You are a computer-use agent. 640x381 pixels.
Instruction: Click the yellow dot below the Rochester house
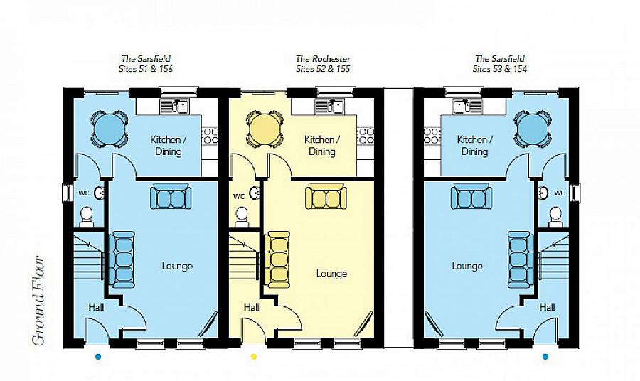pos(253,357)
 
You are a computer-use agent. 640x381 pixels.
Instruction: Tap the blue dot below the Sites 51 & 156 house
pos(98,357)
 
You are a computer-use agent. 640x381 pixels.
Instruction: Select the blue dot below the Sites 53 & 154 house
pos(545,357)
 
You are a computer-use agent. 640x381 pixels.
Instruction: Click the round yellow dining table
pos(265,129)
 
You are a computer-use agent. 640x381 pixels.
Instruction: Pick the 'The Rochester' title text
pos(323,59)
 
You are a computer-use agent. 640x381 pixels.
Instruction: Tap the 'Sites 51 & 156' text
pos(146,68)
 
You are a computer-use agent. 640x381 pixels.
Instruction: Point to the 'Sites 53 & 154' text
pos(500,68)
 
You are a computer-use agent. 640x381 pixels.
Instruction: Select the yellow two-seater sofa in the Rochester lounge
pos(326,197)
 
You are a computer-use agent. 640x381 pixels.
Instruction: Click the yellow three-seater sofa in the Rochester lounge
pos(278,259)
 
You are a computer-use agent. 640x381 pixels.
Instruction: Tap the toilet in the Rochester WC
pos(242,217)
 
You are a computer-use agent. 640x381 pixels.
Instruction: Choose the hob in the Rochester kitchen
pos(366,136)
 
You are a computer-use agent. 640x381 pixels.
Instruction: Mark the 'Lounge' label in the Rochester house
pos(331,273)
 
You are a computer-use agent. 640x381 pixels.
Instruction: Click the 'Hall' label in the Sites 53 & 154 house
pos(547,307)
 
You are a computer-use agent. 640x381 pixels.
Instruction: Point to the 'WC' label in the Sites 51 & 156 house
pos(84,193)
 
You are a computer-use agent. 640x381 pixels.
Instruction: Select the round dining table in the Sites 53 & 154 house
pos(533,129)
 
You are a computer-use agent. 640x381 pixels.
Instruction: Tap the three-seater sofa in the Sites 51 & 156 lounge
pos(123,259)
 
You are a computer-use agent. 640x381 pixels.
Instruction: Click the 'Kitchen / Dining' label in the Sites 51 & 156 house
pos(168,146)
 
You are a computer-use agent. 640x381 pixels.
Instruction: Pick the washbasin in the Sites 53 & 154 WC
pos(543,193)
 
